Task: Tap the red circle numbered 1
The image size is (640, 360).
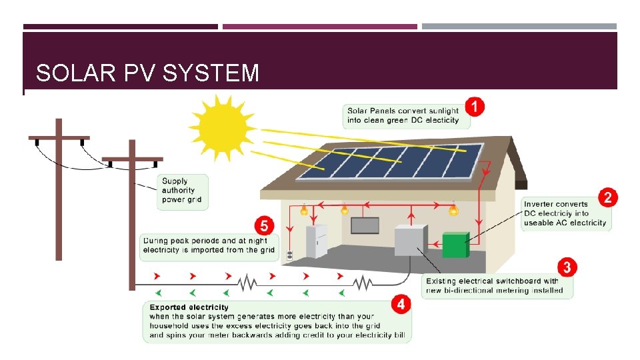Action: click(474, 106)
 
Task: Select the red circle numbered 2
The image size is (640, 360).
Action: click(607, 197)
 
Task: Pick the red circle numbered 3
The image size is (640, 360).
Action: click(567, 267)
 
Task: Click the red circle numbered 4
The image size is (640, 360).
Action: click(401, 304)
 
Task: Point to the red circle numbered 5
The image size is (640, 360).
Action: click(265, 223)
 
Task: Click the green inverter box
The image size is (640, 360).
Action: click(457, 245)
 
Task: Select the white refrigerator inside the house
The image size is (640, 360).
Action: click(316, 241)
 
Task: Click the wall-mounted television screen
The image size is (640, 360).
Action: click(365, 225)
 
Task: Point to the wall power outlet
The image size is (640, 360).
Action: click(290, 255)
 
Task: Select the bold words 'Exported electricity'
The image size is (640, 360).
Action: click(189, 307)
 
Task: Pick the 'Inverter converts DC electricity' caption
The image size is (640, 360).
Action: click(565, 213)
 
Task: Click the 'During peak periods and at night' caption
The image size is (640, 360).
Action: click(209, 245)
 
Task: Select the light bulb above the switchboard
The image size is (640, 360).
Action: click(453, 210)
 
